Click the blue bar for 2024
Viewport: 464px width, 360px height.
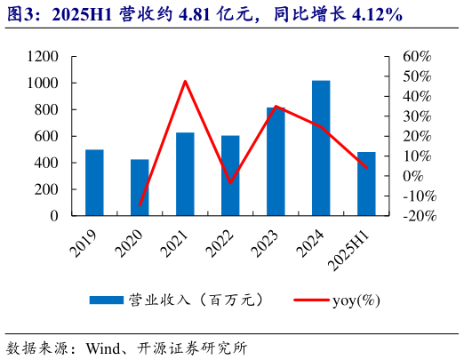(321, 148)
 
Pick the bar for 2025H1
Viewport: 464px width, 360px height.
(366, 183)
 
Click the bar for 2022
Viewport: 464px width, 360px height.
(230, 175)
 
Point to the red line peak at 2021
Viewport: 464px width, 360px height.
(185, 81)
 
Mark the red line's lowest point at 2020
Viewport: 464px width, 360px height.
(140, 205)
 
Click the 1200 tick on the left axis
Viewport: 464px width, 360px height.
(42, 57)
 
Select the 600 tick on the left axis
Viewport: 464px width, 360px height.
(46, 136)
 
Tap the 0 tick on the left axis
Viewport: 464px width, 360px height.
(55, 216)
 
